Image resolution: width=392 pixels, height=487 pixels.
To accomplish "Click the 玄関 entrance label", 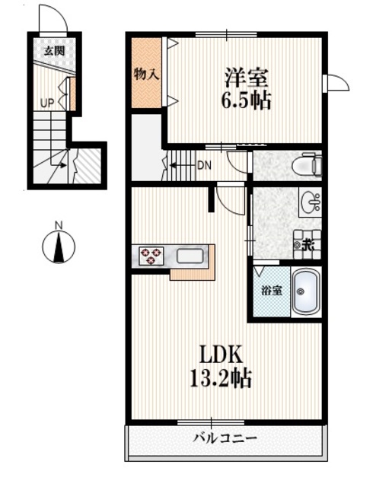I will (53, 51).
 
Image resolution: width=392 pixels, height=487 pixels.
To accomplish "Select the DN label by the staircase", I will (204, 165).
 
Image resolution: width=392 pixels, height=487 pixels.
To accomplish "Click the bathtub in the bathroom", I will (306, 291).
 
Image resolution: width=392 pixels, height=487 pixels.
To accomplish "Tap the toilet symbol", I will (310, 164).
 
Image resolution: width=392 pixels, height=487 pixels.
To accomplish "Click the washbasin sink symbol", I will (310, 203).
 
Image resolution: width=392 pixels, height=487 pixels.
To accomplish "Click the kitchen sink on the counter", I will (190, 256).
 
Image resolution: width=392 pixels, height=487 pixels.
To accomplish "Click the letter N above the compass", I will (59, 224).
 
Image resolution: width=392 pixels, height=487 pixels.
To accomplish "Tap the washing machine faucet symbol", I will (306, 244).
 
